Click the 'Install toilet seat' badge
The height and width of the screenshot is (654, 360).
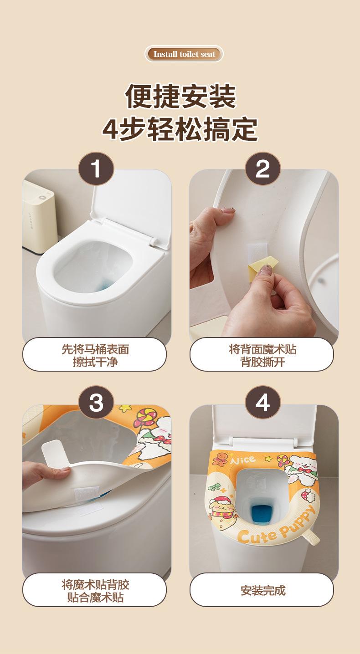[x=184, y=54]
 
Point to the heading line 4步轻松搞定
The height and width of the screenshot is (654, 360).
[x=180, y=129]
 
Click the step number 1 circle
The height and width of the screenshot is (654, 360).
[x=96, y=169]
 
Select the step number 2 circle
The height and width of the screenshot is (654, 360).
[x=262, y=169]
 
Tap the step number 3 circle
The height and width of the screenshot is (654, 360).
[x=96, y=403]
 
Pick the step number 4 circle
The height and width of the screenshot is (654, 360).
[x=262, y=403]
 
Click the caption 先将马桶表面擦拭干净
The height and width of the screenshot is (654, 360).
[x=95, y=355]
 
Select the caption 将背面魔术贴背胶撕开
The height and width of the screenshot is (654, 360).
[x=262, y=355]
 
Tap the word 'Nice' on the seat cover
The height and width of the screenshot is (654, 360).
[x=242, y=460]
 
